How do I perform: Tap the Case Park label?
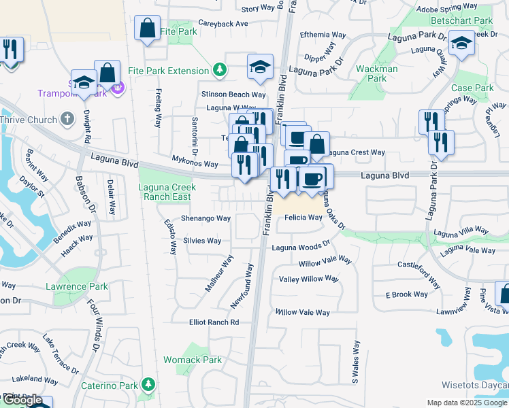[472, 88]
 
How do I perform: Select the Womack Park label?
[193, 360]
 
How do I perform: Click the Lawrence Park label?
[77, 287]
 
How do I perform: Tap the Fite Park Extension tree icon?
[219, 70]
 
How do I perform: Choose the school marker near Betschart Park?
[462, 44]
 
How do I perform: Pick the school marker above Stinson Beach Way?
[259, 67]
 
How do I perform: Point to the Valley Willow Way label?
[308, 279]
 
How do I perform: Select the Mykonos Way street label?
[194, 164]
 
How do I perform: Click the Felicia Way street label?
[303, 218]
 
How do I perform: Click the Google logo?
[22, 400]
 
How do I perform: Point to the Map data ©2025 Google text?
[467, 403]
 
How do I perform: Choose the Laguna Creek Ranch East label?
[165, 192]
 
